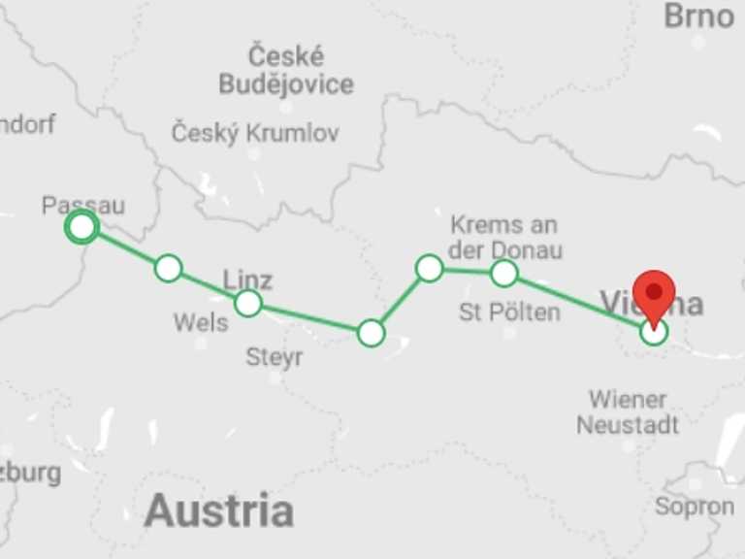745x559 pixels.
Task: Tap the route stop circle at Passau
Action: [x=82, y=227]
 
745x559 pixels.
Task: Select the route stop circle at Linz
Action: [x=248, y=304]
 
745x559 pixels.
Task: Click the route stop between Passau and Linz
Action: [x=169, y=268]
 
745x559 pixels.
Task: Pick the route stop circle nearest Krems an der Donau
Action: [x=503, y=273]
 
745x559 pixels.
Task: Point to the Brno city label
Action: [x=698, y=16]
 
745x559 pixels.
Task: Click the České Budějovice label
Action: [x=286, y=70]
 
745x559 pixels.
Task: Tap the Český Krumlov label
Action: [x=255, y=133]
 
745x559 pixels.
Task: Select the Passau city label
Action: [x=83, y=205]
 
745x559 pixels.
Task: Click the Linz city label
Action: [x=247, y=280]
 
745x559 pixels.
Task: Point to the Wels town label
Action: [x=201, y=321]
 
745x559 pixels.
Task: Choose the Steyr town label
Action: [x=275, y=357]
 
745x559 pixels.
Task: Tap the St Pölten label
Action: [x=509, y=312]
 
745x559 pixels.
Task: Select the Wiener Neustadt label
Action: [x=628, y=412]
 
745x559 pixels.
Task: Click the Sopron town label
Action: [x=694, y=506]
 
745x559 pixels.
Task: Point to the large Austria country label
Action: [x=218, y=510]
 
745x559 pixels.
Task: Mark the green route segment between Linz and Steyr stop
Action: [x=309, y=318]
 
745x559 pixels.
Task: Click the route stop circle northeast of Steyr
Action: [x=372, y=333]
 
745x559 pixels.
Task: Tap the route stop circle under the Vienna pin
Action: [x=655, y=333]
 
